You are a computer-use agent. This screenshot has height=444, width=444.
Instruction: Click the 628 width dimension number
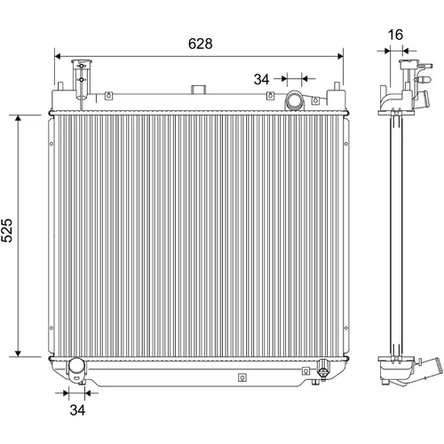point(201,44)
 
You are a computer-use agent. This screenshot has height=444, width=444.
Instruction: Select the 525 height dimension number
point(7,231)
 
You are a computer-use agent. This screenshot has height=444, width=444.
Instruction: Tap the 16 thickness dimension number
point(395,35)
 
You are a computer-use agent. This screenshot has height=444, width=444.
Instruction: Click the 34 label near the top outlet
point(261,79)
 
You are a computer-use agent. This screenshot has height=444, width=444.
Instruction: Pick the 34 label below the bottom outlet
point(77,410)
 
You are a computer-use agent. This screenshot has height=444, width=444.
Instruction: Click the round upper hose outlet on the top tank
point(294,101)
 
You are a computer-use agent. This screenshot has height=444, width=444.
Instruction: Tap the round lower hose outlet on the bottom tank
point(76,367)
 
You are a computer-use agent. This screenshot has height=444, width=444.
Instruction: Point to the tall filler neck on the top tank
point(82,80)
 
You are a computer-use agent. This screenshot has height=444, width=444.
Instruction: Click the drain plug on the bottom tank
point(322,369)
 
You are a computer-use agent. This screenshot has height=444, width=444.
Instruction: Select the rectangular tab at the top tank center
point(198,90)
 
